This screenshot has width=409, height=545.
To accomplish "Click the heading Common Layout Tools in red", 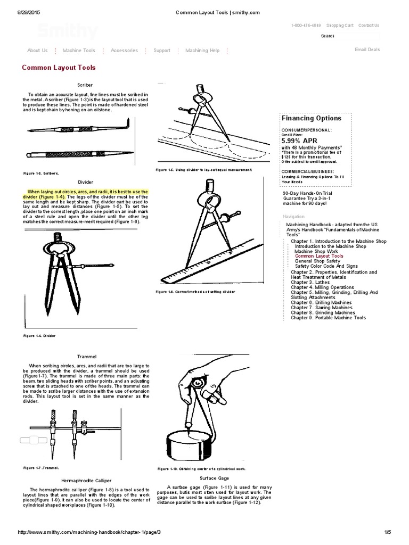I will click(59, 68).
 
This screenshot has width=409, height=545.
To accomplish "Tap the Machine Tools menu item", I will click(79, 51).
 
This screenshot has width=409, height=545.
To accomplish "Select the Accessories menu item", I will click(124, 51).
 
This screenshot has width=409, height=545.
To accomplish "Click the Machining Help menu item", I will click(202, 51).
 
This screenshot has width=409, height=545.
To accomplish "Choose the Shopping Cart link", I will click(340, 25).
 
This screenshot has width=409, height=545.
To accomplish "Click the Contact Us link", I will click(369, 25).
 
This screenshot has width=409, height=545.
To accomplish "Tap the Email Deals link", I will click(367, 49).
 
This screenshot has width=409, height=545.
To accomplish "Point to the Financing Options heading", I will click(312, 118).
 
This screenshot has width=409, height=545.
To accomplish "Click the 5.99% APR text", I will click(299, 141).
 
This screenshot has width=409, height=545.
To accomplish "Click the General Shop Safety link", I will click(317, 261).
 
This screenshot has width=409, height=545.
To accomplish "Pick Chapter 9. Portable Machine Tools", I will click(328, 318).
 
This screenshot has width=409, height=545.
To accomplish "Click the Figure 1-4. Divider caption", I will click(39, 336).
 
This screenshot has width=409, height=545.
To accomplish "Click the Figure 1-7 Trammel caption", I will click(40, 468).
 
